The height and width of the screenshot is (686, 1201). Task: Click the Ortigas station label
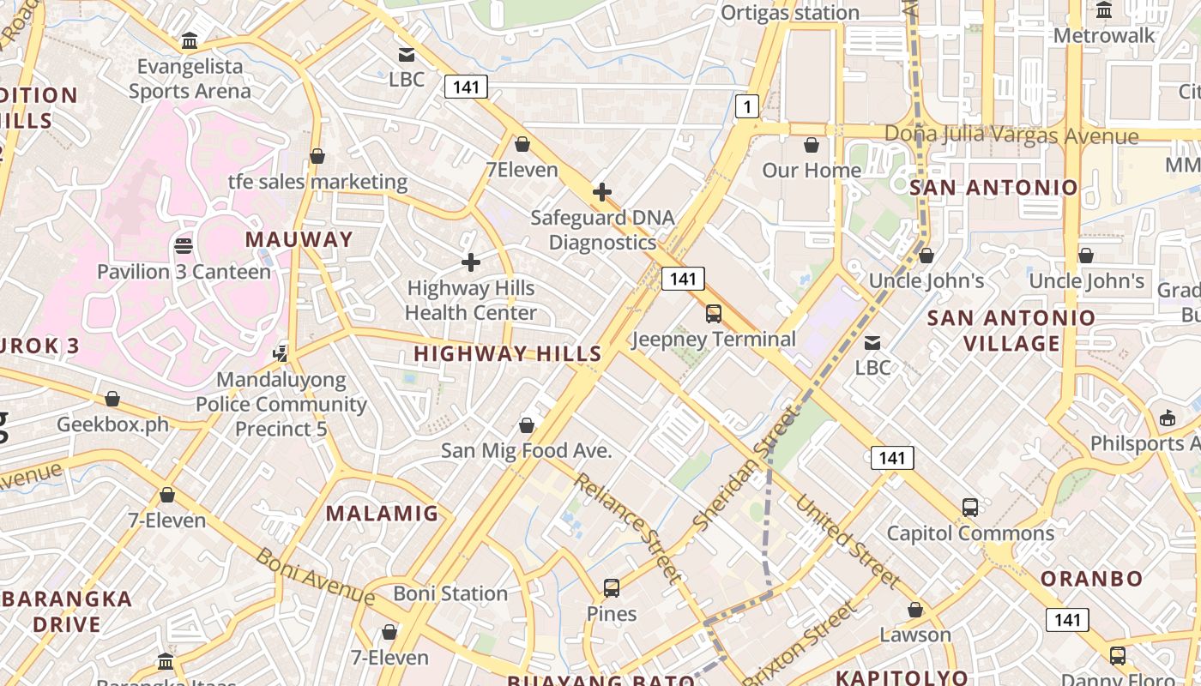tap(789, 13)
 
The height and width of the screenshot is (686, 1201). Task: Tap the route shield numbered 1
tap(748, 106)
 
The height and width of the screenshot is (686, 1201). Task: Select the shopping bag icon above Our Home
tap(811, 145)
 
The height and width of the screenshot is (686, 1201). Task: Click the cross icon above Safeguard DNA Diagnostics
tap(602, 192)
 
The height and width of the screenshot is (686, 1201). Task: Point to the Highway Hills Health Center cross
tap(471, 262)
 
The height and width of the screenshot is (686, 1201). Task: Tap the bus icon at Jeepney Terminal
tap(714, 314)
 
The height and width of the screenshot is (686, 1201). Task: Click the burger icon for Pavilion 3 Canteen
tap(183, 246)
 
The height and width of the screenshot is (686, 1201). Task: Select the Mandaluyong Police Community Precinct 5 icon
tap(281, 352)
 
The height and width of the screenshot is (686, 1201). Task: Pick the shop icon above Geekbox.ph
tap(112, 399)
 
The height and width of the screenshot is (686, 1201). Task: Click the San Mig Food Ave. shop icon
tap(527, 425)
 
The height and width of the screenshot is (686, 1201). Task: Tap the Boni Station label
tap(450, 593)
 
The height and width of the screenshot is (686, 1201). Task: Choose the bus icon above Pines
tap(612, 588)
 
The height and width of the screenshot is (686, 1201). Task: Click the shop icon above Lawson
tap(915, 610)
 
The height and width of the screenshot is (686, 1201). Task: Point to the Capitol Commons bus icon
tap(970, 508)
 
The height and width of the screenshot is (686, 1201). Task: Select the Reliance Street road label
tap(629, 527)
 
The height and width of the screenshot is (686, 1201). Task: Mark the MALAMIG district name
tap(382, 514)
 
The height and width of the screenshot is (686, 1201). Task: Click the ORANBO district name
tap(1091, 578)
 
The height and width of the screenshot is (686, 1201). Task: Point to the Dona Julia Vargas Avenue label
tap(1011, 135)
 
